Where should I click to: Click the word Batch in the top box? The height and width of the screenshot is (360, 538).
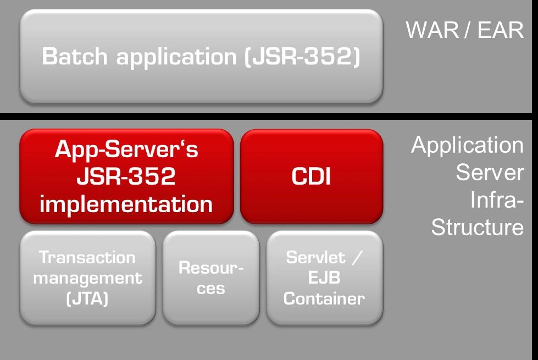click(x=74, y=56)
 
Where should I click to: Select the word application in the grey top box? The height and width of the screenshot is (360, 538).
click(x=176, y=57)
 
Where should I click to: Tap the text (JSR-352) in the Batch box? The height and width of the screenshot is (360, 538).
click(x=302, y=57)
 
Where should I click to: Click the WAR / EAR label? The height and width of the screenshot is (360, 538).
click(x=464, y=30)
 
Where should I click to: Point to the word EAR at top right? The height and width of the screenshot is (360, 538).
click(x=501, y=30)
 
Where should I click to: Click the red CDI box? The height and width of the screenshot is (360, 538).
click(x=312, y=176)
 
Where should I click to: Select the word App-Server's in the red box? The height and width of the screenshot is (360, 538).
click(x=126, y=149)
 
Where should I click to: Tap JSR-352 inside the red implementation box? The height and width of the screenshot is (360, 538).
click(x=126, y=176)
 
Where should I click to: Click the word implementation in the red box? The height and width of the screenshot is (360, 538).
click(x=126, y=204)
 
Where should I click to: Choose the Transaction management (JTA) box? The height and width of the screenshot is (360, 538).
click(x=87, y=278)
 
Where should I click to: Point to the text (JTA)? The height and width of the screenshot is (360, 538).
click(x=87, y=298)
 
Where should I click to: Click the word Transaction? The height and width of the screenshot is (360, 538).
click(x=87, y=257)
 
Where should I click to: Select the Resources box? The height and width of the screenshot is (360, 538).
click(x=211, y=278)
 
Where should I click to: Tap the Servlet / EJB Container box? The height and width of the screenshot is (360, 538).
click(x=325, y=278)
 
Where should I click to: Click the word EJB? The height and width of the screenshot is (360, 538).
click(x=324, y=278)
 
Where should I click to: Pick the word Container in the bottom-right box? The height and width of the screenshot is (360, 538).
click(x=324, y=298)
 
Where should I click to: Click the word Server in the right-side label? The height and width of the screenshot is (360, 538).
click(x=490, y=172)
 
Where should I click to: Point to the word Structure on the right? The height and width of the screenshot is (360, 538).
click(x=477, y=227)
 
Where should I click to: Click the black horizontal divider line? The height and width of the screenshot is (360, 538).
click(x=266, y=117)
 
